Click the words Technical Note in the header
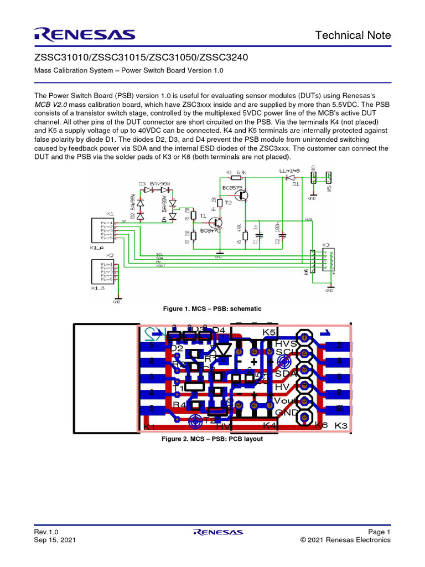click(353, 35)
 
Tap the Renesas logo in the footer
click(218, 532)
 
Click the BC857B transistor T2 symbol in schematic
click(246, 195)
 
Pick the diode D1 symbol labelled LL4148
click(288, 178)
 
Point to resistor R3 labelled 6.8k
click(236, 178)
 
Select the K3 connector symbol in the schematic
click(327, 260)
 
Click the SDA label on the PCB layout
click(286, 373)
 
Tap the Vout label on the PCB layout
click(287, 399)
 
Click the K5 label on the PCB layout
click(269, 332)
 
